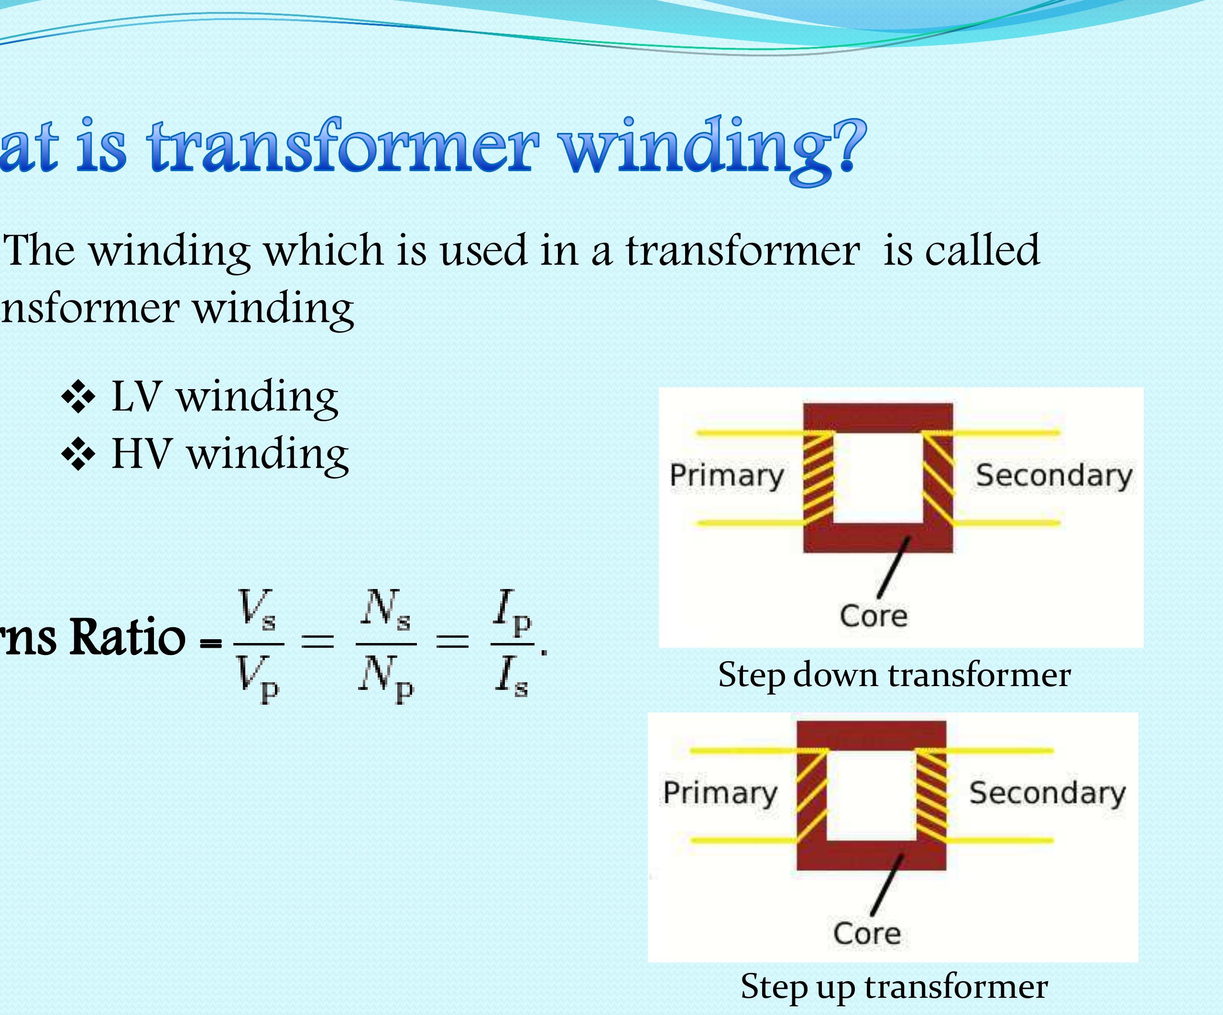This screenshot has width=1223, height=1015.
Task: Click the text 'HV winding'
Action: [x=230, y=454]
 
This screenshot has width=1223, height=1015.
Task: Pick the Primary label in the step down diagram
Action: [x=727, y=475]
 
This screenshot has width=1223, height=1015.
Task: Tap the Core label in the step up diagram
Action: [x=867, y=933]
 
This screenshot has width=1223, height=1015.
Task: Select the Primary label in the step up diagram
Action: [x=720, y=793]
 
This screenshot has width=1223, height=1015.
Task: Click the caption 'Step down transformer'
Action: [x=894, y=675]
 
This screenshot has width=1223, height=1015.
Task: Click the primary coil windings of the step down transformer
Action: [x=818, y=478]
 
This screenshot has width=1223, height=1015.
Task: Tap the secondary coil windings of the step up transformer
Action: [x=931, y=795]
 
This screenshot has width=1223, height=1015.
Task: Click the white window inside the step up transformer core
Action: [x=871, y=795]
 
